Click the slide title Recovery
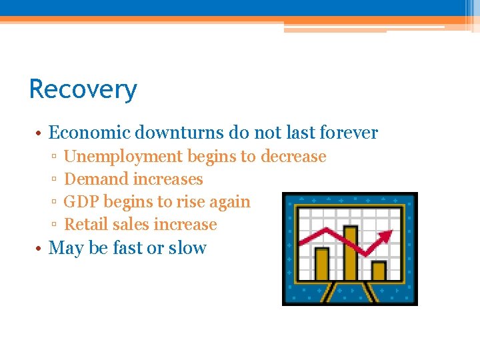[x=83, y=89]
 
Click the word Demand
[x=96, y=179]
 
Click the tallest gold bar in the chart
[x=350, y=253]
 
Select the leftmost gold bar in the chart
[x=322, y=264]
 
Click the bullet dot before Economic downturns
[x=40, y=133]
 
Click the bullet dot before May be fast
[x=40, y=249]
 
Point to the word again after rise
[x=229, y=202]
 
